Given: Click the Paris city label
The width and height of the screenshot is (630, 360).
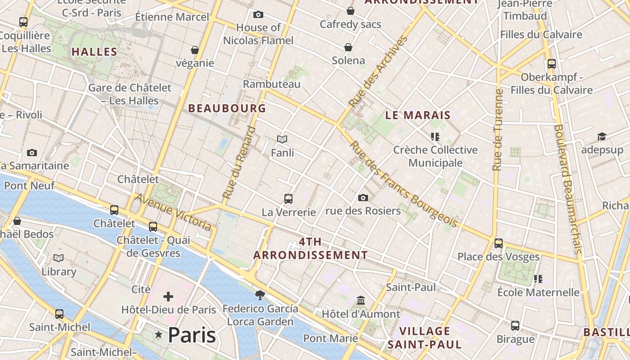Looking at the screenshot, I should click(x=192, y=335).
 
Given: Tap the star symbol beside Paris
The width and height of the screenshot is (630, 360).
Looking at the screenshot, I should click(x=158, y=334).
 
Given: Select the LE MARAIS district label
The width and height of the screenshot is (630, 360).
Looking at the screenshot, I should click(x=418, y=115).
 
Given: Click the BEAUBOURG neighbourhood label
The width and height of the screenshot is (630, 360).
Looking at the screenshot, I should click(x=227, y=108).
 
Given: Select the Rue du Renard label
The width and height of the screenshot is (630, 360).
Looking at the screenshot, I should click(x=239, y=163).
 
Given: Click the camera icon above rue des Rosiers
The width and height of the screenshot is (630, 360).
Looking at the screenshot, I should click(x=363, y=198).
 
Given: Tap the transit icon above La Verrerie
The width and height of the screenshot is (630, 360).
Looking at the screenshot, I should click(x=288, y=198).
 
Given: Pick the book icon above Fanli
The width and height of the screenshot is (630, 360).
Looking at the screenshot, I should click(x=282, y=139).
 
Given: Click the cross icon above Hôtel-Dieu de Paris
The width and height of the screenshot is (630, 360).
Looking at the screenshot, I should click(x=168, y=296).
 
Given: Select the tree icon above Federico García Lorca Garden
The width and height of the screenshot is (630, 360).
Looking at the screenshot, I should click(x=260, y=295).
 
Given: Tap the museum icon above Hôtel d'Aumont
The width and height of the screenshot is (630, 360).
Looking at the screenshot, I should click(x=361, y=300).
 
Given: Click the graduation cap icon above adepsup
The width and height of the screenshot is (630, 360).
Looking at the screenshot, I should click(x=602, y=136).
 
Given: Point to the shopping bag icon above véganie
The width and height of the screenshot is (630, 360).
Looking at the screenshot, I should click(x=195, y=49).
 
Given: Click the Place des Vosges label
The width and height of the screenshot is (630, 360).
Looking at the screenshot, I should click(x=498, y=257).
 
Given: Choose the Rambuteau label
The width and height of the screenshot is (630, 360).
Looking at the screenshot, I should click(x=271, y=84).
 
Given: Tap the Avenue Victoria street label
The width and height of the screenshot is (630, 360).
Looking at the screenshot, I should click(x=174, y=212).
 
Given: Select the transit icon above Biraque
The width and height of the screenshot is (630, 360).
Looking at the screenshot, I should click(x=515, y=325).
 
